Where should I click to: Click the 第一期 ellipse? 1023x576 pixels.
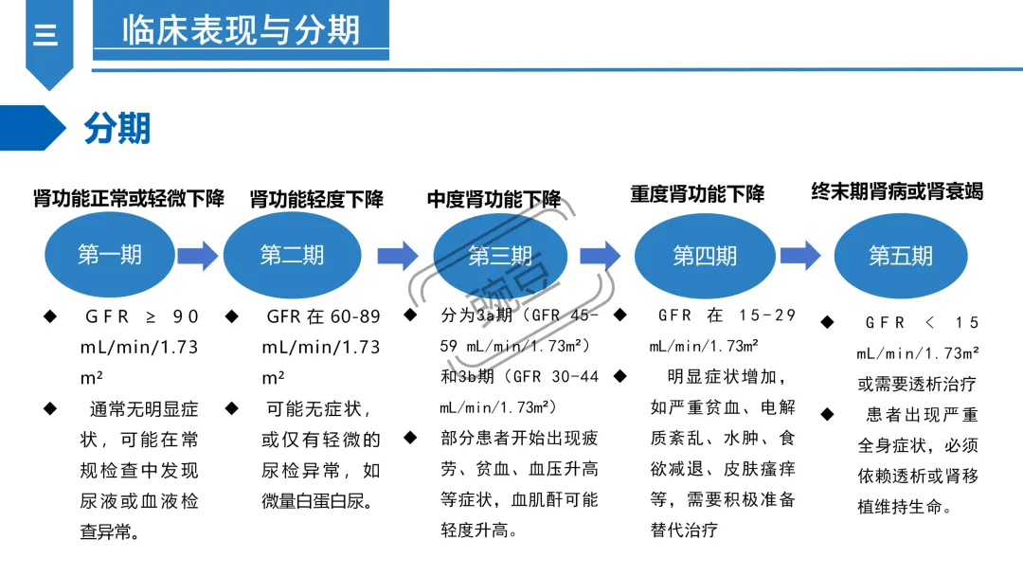[111, 255]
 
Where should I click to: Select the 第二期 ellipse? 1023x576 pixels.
[292, 255]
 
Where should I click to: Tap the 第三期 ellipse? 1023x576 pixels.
[500, 256]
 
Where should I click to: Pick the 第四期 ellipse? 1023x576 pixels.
[705, 256]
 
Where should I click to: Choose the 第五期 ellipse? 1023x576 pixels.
[901, 256]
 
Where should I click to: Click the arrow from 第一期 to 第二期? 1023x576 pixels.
[198, 255]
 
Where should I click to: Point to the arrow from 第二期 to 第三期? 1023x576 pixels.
[397, 255]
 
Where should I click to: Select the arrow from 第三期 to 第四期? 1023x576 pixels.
[600, 255]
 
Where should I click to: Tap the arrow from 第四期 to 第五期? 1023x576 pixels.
[800, 254]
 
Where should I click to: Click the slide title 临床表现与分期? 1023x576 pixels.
[241, 30]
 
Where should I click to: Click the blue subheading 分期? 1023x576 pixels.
[117, 128]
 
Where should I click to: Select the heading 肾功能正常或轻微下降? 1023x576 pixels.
[129, 199]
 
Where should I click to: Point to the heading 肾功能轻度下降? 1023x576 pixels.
[316, 200]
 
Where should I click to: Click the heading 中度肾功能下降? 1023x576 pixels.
[494, 200]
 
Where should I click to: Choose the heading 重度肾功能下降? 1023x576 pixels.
[697, 195]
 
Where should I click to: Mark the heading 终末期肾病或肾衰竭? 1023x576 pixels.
[897, 192]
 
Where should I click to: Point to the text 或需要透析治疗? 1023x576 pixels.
[917, 385]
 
